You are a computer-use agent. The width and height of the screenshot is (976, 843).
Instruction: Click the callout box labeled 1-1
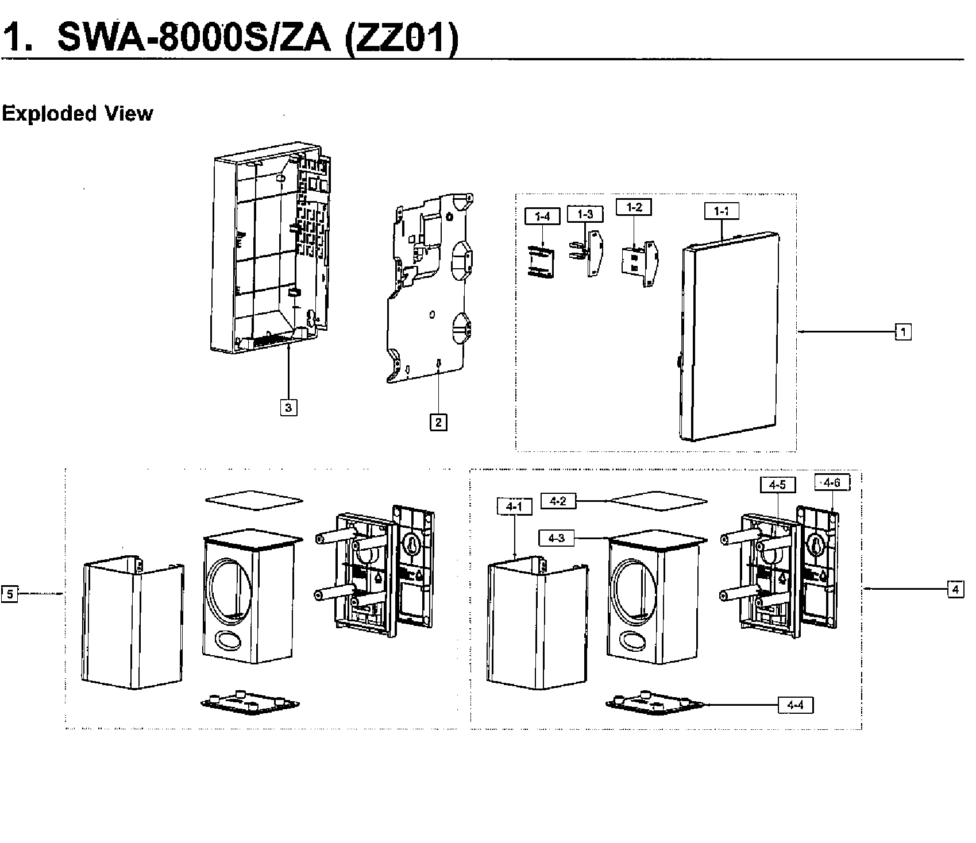click(x=722, y=211)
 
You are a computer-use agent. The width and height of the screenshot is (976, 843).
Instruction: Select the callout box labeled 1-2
click(x=634, y=207)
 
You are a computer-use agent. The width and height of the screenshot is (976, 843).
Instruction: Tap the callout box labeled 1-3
click(x=585, y=214)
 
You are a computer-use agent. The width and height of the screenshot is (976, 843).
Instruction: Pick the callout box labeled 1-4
click(x=542, y=216)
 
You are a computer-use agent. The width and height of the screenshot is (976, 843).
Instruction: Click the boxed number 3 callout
click(x=288, y=408)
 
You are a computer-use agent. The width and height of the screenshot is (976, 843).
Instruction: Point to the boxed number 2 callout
click(x=438, y=423)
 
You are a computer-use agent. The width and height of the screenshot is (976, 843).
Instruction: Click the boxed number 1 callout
click(x=903, y=332)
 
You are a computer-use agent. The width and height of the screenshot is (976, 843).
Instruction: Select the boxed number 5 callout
click(x=10, y=594)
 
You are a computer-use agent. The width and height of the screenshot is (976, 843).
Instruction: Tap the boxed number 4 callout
click(x=955, y=589)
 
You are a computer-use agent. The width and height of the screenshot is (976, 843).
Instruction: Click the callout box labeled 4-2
click(x=558, y=501)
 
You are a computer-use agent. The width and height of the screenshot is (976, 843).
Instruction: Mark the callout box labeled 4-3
click(x=556, y=538)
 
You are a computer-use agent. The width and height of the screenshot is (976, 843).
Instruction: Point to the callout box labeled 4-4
click(x=795, y=705)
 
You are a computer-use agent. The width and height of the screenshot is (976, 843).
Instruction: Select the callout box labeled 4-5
click(x=777, y=485)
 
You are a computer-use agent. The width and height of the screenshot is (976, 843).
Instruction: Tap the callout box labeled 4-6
click(x=832, y=482)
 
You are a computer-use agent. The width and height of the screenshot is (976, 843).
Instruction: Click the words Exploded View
click(x=78, y=114)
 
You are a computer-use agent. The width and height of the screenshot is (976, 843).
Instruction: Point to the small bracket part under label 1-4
click(x=542, y=262)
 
